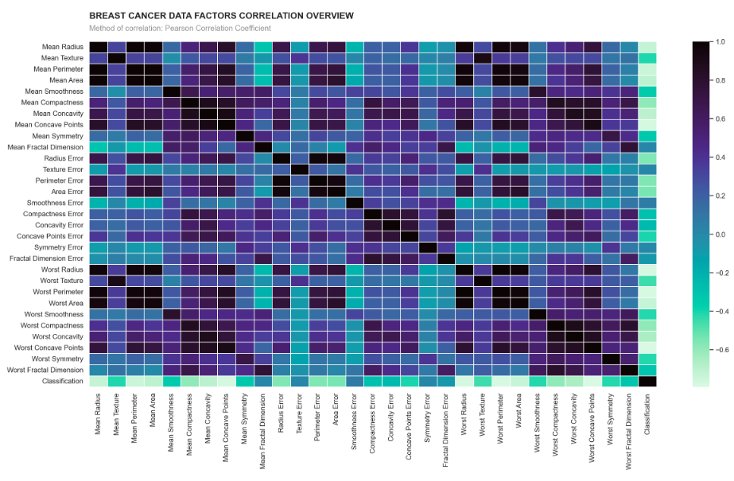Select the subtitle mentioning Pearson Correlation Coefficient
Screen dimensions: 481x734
[180, 29]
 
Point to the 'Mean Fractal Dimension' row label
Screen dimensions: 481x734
[45, 147]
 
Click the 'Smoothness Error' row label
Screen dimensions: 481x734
[54, 203]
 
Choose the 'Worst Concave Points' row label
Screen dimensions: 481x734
[49, 347]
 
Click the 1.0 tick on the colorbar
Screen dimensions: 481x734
[719, 41]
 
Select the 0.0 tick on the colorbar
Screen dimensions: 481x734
[719, 235]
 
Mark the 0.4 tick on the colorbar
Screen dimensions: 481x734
[719, 157]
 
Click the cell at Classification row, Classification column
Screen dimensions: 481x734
[648, 381]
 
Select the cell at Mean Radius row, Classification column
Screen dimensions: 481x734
[648, 47]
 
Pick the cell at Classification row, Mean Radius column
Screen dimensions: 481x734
[96, 381]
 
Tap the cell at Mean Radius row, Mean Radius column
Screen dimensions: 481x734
[96, 47]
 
